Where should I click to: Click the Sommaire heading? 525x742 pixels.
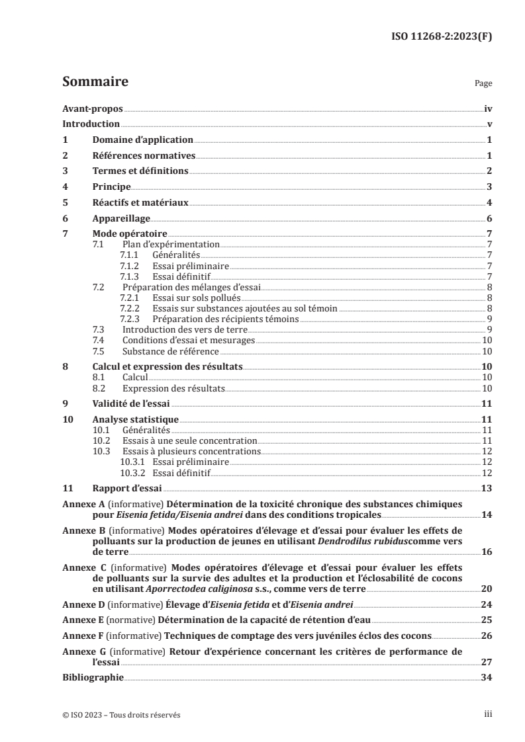(x=95, y=82)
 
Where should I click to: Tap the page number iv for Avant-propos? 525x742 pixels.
(x=487, y=108)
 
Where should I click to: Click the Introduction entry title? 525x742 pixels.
(x=91, y=124)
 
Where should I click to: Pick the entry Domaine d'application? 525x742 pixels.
(x=142, y=140)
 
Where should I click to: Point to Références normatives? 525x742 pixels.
(x=144, y=156)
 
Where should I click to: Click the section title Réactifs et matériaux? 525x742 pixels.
(x=140, y=203)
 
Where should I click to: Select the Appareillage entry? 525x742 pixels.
(x=121, y=219)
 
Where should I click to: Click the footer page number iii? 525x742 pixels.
(x=487, y=715)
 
